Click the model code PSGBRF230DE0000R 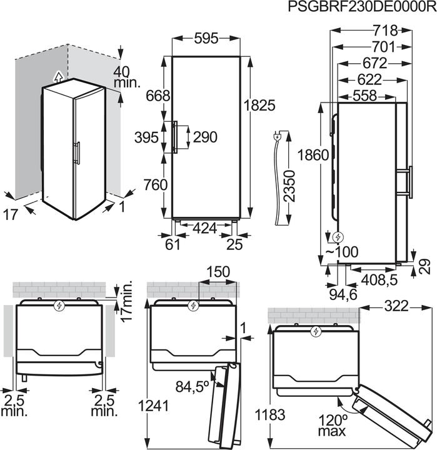362,6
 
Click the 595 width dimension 206,39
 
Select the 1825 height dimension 259,106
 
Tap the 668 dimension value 158,96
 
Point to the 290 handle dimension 205,137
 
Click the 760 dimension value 155,185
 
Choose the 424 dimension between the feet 204,229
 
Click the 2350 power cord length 289,186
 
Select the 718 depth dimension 385,30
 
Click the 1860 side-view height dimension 313,155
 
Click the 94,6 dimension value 343,294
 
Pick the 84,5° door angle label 193,386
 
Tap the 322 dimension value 396,306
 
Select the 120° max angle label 332,426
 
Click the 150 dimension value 218,272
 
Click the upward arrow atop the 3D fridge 58,76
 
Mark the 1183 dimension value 270,415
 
